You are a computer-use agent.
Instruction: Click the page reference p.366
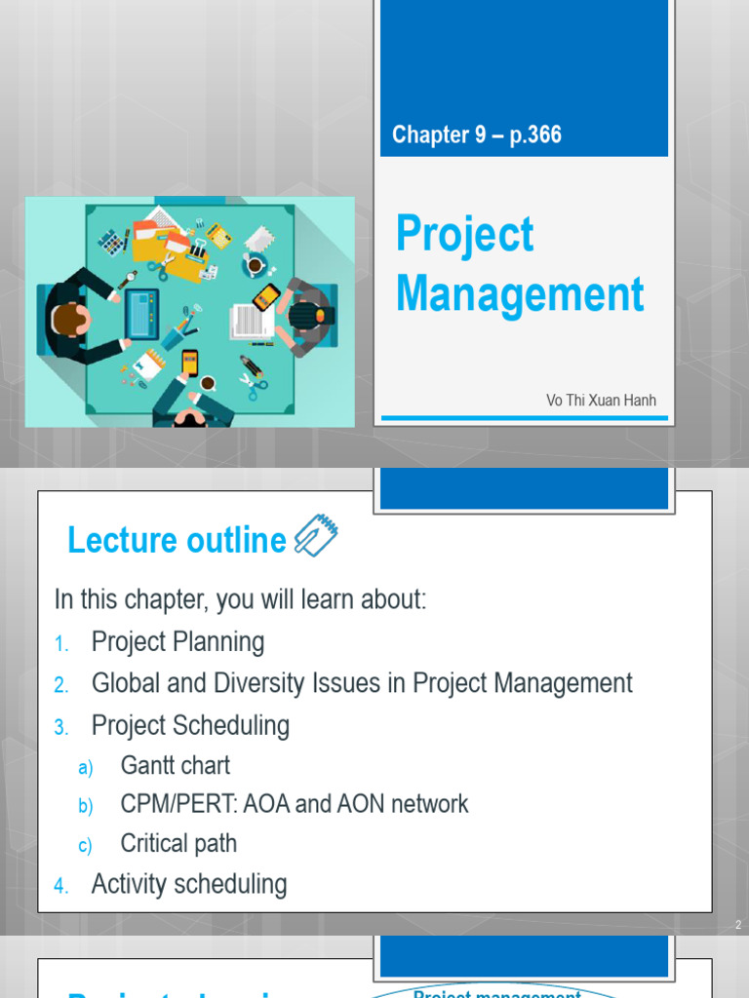click(535, 134)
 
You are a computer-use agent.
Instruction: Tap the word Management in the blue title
click(520, 294)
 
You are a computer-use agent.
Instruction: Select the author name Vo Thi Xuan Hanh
click(601, 400)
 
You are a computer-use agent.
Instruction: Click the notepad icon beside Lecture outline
click(316, 536)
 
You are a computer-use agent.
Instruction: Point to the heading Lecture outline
click(177, 540)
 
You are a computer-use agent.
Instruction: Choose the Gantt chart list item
click(176, 765)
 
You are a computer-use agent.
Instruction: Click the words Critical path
click(178, 843)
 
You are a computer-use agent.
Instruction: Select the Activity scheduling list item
click(189, 884)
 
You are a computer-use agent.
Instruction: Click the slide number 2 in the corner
click(737, 925)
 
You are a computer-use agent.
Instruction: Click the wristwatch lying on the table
click(128, 279)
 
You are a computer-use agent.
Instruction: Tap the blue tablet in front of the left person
click(140, 311)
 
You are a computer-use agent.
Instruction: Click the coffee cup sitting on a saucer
click(255, 264)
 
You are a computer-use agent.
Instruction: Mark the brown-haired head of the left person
click(67, 319)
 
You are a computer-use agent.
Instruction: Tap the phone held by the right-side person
click(265, 296)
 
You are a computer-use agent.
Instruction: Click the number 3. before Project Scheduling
click(61, 727)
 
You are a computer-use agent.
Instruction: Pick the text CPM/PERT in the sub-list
click(166, 804)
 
